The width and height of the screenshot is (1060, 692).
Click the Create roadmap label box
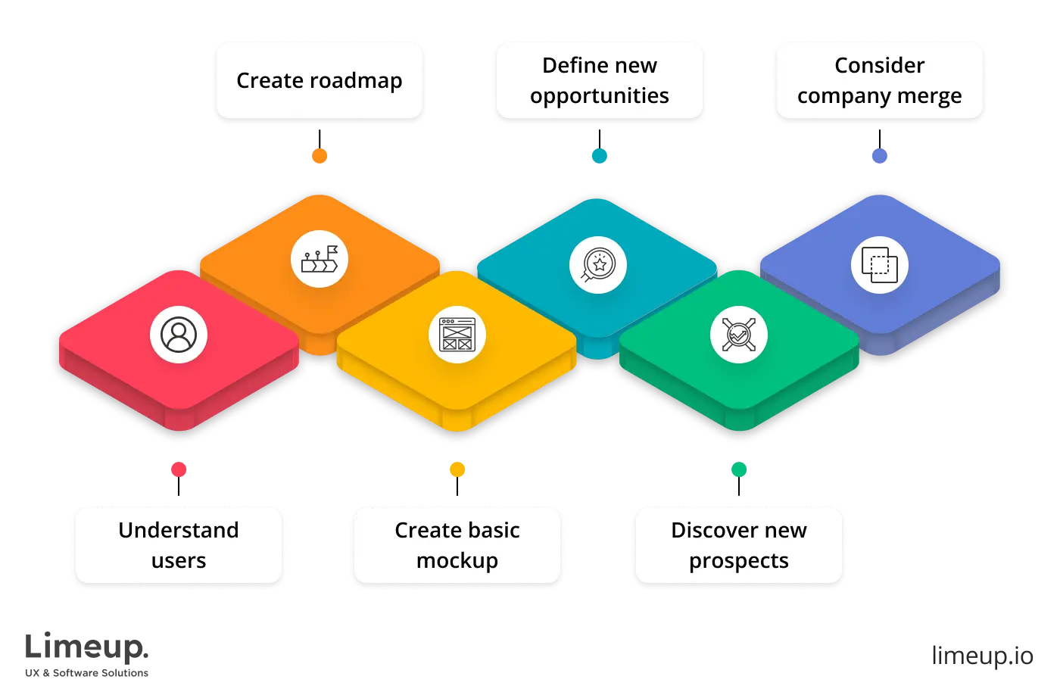coord(319,80)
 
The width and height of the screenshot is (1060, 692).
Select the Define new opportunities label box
coord(599,80)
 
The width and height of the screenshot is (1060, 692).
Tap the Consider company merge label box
coord(879,80)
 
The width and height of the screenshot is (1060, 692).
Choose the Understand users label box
coord(179,545)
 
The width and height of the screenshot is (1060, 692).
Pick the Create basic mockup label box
coord(457,545)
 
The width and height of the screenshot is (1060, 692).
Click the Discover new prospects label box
coord(738,545)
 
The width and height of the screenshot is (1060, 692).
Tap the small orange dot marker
coord(320,155)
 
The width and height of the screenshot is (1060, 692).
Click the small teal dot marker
coord(599,155)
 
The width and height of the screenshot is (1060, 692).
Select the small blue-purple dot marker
coord(879,155)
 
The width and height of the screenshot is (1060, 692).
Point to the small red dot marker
coord(179,469)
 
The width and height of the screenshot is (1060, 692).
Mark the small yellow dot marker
coord(457,469)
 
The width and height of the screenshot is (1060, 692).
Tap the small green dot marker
coord(738,469)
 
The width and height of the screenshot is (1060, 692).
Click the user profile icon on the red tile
coord(179,335)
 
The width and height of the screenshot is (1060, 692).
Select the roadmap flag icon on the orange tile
coord(320,259)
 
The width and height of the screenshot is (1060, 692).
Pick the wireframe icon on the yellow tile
coord(457,335)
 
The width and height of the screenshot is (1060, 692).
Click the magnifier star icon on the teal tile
coord(598,265)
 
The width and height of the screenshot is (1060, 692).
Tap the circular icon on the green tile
coord(738,335)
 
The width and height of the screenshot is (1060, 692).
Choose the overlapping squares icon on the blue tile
coord(879,265)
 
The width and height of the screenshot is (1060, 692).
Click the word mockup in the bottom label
coord(457,561)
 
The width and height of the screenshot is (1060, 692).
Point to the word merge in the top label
coord(929,96)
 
